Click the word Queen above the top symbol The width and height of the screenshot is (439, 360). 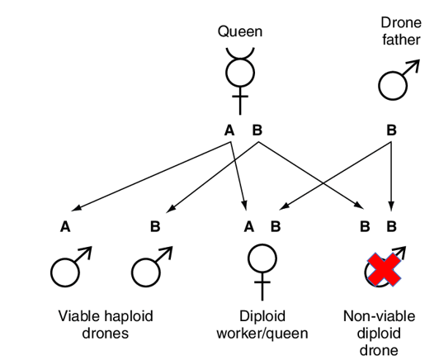(240, 31)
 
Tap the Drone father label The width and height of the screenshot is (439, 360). (401, 31)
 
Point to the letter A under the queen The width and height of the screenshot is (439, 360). (229, 130)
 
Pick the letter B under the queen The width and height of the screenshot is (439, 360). (257, 130)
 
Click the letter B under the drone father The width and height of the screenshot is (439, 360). (391, 130)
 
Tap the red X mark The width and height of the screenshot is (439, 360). (385, 269)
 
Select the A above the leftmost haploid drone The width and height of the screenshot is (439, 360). (65, 226)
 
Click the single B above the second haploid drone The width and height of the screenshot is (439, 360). (155, 226)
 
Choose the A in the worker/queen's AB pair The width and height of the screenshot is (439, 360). (249, 226)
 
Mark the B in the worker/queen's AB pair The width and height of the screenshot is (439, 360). (276, 226)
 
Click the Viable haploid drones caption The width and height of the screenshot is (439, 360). (106, 324)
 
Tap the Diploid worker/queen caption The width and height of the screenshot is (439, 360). (262, 324)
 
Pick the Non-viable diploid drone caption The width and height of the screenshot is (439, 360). (379, 333)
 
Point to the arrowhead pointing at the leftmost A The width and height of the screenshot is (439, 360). (76, 208)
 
